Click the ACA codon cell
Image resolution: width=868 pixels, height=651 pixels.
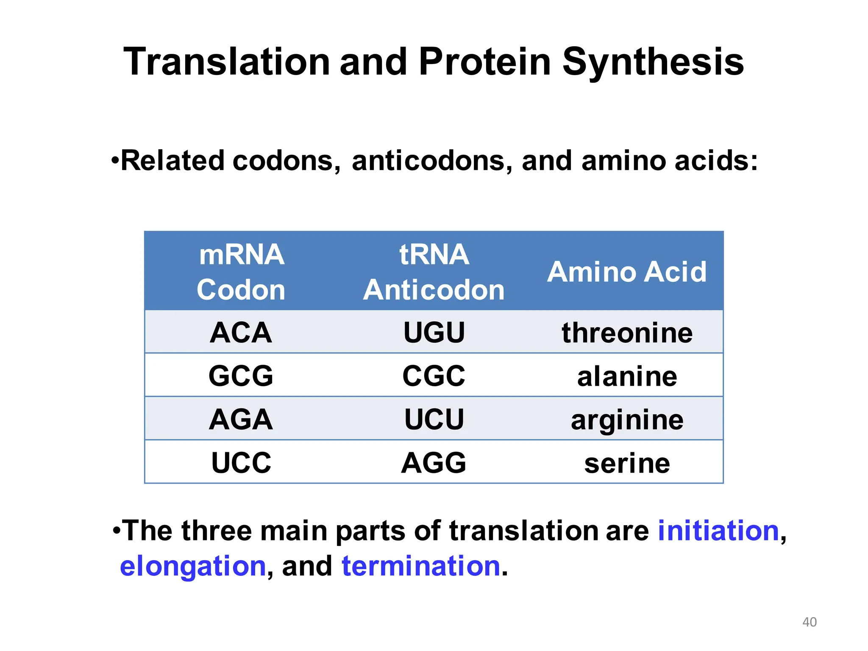tap(241, 332)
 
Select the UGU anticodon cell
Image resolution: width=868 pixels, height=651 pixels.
tap(434, 332)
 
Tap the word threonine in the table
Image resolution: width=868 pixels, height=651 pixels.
tap(627, 333)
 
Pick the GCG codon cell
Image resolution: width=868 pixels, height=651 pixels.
tap(241, 376)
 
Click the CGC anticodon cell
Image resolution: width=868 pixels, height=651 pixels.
tap(434, 376)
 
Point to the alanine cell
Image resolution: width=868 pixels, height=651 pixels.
tap(627, 376)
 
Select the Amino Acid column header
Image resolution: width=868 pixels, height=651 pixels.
tap(627, 272)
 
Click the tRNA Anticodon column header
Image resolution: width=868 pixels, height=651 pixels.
tap(434, 272)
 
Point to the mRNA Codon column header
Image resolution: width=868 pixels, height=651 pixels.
tap(241, 272)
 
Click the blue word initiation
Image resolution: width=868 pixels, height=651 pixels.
tap(718, 531)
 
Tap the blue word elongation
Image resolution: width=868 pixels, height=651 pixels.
tap(193, 566)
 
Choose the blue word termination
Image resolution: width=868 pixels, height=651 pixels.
tap(421, 566)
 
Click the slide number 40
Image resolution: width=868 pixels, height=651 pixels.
tap(810, 622)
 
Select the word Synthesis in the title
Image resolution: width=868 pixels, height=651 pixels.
tap(653, 62)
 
